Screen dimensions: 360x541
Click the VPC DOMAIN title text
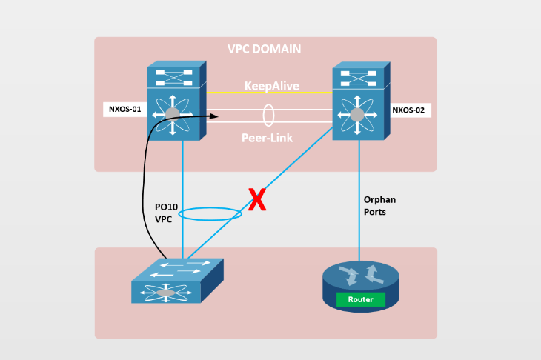tap(265, 50)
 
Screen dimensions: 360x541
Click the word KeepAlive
tap(272, 86)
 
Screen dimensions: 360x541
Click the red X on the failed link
tap(256, 201)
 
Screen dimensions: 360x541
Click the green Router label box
tap(360, 300)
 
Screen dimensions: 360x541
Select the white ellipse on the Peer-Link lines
tap(268, 116)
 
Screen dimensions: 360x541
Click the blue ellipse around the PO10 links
tap(210, 214)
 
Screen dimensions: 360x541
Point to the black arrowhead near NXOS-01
tap(216, 116)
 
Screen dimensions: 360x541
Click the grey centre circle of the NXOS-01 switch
tap(173, 113)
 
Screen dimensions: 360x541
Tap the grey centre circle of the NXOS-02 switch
tap(356, 114)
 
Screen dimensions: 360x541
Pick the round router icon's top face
tap(360, 274)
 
